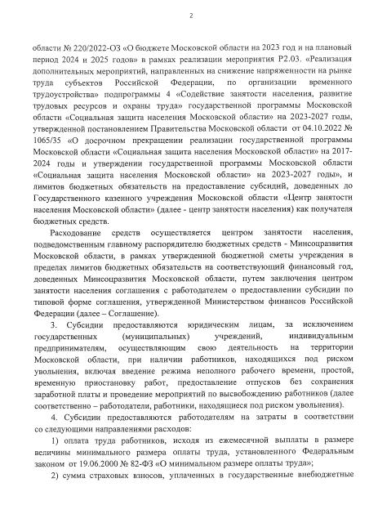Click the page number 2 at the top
pyautogui.click(x=190, y=16)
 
